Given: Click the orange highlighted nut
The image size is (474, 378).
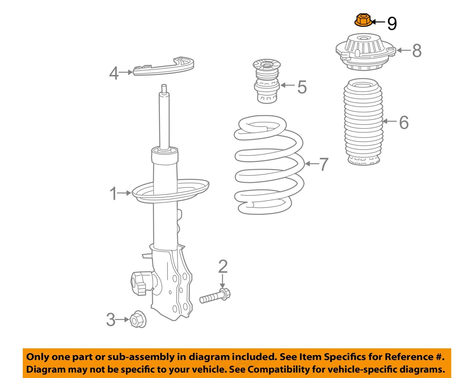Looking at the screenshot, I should coord(362,21).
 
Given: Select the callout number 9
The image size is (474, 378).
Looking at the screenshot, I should coord(392,23).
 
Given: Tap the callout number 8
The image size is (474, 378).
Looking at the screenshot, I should coord(416,51).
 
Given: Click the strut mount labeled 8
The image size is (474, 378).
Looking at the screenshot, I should coord(365,52).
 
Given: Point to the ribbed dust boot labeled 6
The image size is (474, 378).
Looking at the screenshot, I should coord(363,122).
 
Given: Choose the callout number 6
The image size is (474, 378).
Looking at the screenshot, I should coord(404,122).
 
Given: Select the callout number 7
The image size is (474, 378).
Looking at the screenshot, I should coord(324,164).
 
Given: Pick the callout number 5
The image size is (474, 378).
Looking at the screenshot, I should coord(302,87).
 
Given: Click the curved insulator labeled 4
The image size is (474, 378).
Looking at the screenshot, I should coord(164,67).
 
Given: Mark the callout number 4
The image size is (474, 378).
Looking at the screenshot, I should coord(114,73).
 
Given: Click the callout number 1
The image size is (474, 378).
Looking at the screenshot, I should coord(113,194).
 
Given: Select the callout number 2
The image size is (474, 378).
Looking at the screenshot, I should coord(223,267).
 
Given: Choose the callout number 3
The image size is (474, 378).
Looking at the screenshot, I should coord(111,320).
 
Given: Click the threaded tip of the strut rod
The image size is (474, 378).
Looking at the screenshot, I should coord(164,88).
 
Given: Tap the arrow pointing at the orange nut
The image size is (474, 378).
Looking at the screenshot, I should coord(378,22).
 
